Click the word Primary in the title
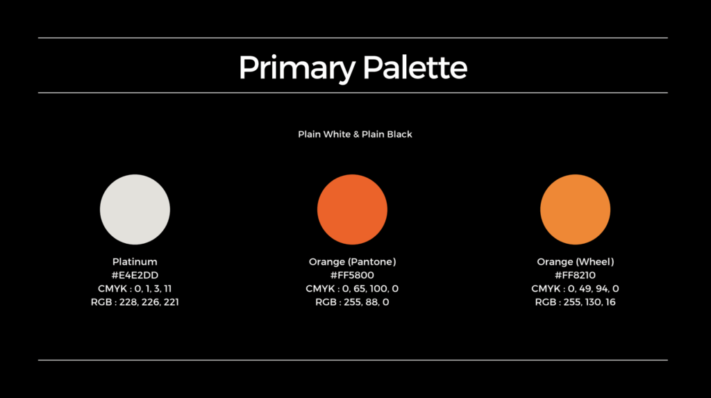click(297, 68)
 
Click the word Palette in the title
click(415, 67)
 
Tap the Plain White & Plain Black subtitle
click(355, 134)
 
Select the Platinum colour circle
click(135, 210)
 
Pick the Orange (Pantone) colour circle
click(352, 210)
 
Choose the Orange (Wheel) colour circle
click(575, 210)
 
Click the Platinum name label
click(135, 262)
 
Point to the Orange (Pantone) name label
click(352, 262)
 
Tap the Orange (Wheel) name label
click(575, 262)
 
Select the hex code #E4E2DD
click(135, 275)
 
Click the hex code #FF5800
click(352, 275)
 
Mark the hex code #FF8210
click(575, 275)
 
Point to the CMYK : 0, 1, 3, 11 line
click(135, 289)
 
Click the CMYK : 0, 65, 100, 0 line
click(352, 289)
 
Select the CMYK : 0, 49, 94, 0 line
click(575, 289)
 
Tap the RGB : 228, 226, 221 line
click(135, 301)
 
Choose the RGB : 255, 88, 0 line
click(352, 301)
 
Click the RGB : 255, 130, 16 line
click(575, 301)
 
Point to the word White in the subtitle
click(336, 134)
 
